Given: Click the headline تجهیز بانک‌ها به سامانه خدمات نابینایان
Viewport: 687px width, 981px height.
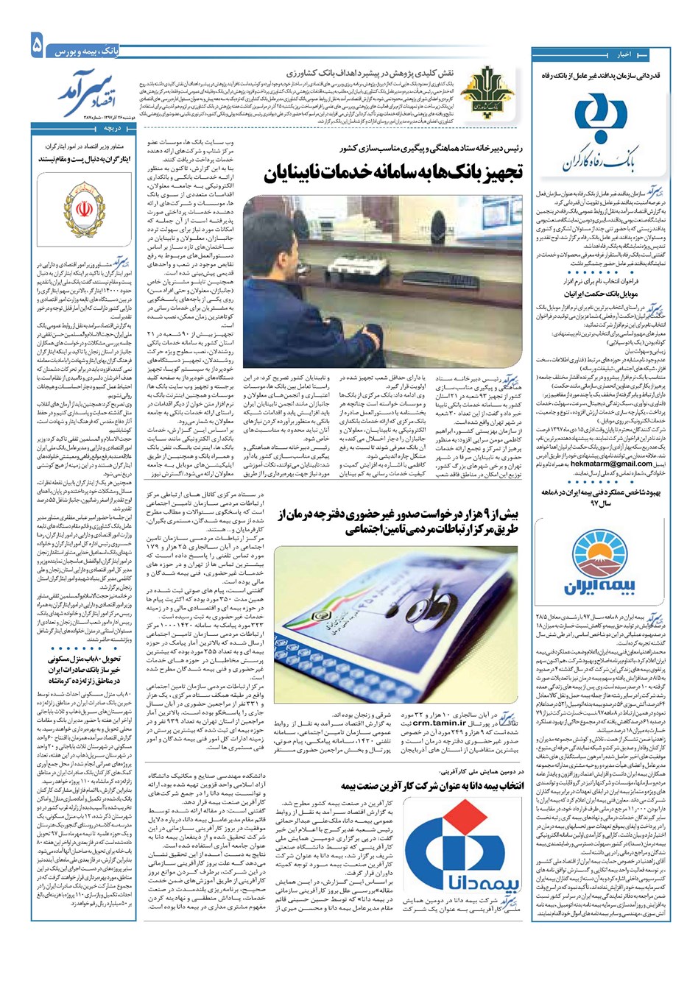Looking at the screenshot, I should pyautogui.click(x=395, y=174).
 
